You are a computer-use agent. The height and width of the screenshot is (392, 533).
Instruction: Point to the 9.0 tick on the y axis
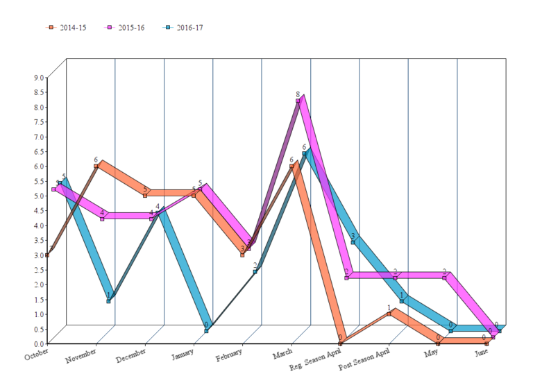tap(37, 78)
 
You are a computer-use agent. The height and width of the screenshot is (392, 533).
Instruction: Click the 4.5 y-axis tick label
tap(37, 210)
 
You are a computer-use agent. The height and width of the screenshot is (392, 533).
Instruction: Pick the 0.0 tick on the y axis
tap(37, 343)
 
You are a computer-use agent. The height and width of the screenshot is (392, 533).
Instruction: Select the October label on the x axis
tap(37, 355)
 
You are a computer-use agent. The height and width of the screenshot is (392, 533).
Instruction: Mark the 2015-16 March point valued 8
tap(298, 101)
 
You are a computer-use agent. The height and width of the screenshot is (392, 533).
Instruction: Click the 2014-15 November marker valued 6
tap(96, 167)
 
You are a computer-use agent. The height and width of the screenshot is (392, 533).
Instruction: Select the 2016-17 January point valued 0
tap(206, 331)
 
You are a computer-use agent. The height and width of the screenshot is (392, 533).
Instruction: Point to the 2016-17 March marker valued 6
tap(304, 154)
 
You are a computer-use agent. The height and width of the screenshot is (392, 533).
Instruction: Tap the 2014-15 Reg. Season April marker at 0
tap(340, 343)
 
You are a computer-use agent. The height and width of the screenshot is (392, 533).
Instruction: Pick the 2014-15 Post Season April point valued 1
tap(389, 314)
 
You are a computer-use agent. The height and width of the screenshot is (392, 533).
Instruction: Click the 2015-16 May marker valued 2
tap(444, 278)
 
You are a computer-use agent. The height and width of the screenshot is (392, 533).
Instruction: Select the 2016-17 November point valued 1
tap(108, 301)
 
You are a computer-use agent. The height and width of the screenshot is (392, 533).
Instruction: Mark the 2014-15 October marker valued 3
tap(47, 255)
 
